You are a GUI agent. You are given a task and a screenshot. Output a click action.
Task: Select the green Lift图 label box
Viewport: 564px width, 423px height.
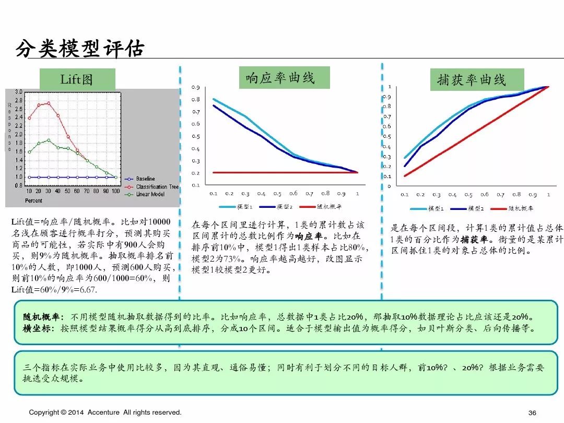[77, 79]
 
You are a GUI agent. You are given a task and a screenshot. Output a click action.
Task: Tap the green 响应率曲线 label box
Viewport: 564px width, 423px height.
[280, 78]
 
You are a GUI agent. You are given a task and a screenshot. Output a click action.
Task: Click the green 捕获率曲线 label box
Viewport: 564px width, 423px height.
[472, 80]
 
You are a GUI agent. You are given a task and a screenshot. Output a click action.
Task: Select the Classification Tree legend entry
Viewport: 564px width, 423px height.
[157, 186]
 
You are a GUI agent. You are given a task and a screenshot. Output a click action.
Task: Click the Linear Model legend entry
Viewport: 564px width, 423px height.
[150, 194]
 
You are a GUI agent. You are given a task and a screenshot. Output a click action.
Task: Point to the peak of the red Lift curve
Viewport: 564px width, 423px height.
[49, 103]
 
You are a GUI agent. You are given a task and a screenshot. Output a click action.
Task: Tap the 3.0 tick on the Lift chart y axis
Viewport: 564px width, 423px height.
[18, 92]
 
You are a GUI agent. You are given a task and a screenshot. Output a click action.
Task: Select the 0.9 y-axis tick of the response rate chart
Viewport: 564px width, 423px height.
[195, 87]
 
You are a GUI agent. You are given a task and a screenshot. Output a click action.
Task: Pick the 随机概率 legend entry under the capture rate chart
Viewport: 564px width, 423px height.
[521, 208]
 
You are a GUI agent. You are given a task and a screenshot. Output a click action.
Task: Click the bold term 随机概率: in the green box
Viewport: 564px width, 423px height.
[43, 317]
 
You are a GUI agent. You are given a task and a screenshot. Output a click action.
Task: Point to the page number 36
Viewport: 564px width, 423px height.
[532, 413]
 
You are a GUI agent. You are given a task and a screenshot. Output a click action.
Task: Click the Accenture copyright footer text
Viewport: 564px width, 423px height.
[105, 413]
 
